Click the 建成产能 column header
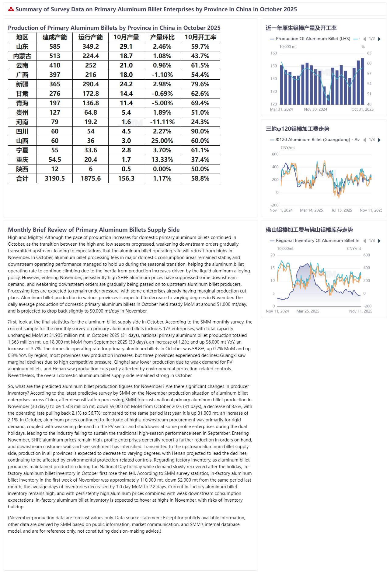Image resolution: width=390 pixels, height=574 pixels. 55,37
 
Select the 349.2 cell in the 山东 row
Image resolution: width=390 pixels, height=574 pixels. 91,47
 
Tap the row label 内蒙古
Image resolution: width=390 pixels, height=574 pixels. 22,56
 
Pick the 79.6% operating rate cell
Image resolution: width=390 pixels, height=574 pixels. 200,84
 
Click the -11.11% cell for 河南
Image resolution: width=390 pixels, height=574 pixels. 162,122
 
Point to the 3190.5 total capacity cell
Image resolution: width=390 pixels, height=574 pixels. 55,178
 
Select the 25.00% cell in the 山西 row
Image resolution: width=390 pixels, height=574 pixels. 162,141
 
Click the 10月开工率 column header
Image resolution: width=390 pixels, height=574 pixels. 200,37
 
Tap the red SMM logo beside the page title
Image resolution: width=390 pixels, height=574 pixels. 11,9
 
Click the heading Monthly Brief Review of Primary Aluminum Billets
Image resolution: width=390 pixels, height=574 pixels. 94,230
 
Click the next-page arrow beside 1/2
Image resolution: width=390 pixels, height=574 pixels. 379,39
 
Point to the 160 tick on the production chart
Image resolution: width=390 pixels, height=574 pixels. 273,53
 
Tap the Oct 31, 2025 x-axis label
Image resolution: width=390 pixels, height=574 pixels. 362,109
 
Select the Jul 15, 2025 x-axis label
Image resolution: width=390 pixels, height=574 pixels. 342,210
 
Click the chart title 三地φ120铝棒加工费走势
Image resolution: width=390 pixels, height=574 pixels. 297,129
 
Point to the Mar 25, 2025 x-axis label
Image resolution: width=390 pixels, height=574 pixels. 308,311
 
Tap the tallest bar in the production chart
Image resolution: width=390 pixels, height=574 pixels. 362,81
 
